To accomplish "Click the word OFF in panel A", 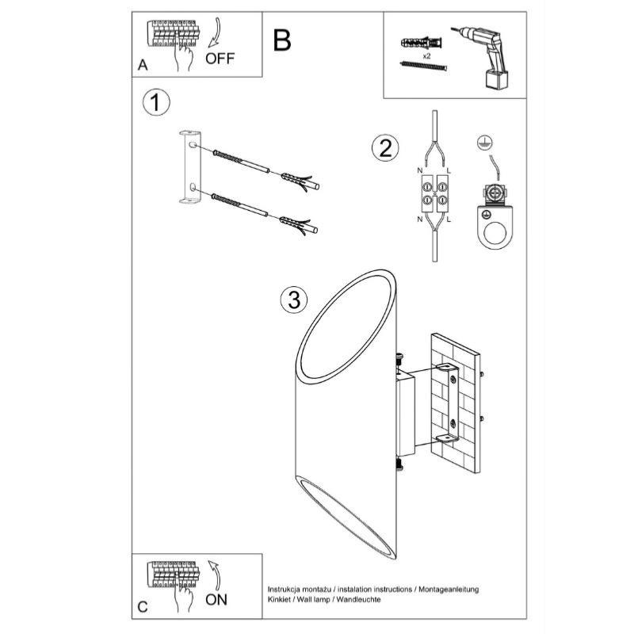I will click(x=220, y=59).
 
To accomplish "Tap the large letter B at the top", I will click(x=281, y=40).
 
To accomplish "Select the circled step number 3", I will click(x=293, y=299).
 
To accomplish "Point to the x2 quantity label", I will click(x=426, y=58).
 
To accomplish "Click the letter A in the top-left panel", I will click(x=143, y=66).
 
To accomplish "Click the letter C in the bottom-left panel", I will click(x=142, y=607).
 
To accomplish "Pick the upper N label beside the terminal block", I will click(x=419, y=170).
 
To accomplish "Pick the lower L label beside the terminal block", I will click(x=449, y=219).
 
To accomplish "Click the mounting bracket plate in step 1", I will click(x=189, y=169).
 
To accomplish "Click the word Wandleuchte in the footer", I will click(x=358, y=600).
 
